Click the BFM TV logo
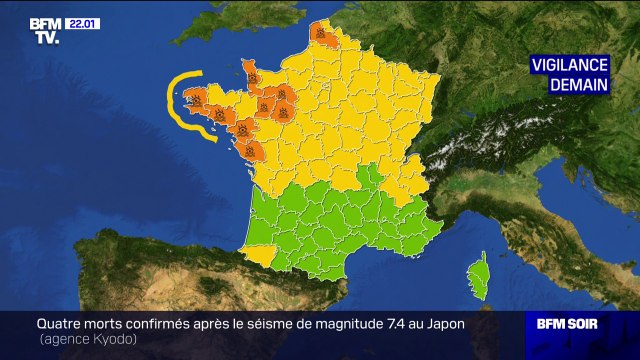[44, 30]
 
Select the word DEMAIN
[579, 85]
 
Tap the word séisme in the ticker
[275, 324]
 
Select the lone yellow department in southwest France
[258, 253]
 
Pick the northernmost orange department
[319, 35]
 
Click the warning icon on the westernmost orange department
[196, 98]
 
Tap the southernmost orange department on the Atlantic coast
[253, 151]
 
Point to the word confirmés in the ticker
[174, 324]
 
